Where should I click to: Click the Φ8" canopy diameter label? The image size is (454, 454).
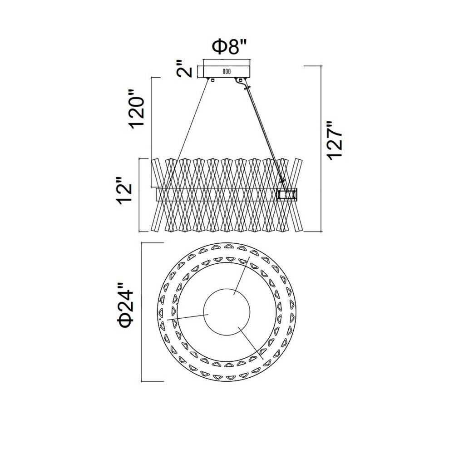[x=229, y=47]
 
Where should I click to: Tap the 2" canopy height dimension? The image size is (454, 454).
[x=184, y=69]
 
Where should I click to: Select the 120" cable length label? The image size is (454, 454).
[x=137, y=109]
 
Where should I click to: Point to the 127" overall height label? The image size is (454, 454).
[x=335, y=139]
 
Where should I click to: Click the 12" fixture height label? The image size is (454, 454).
[x=124, y=190]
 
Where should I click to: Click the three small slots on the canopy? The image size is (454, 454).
[x=227, y=71]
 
